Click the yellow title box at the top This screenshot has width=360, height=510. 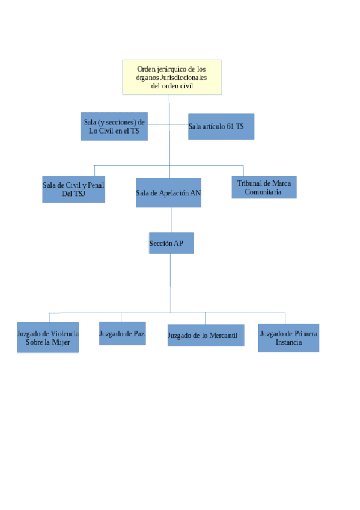pos(172,77)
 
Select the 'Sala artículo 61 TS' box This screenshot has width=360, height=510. pos(221,126)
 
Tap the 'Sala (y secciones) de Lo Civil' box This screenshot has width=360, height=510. pos(114,126)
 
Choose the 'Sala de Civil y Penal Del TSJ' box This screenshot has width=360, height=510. pos(73,189)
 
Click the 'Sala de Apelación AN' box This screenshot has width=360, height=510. pos(169,193)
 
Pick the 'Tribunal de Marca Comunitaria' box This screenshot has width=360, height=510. pos(264,188)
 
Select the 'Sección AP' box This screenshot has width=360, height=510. pos(171,243)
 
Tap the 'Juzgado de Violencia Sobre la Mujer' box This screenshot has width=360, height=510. pos(47,337)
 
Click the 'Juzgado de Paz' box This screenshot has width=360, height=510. pos(123,333)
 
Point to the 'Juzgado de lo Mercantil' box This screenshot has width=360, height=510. pos(206,336)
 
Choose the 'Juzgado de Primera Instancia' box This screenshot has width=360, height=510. pos(289,338)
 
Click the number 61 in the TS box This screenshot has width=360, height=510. pos(230,126)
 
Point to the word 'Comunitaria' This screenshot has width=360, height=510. pos(263,192)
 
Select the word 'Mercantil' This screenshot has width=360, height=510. pos(223,336)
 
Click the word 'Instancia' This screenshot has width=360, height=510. pos(289,342)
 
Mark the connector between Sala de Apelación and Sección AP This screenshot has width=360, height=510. pos(171,220)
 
